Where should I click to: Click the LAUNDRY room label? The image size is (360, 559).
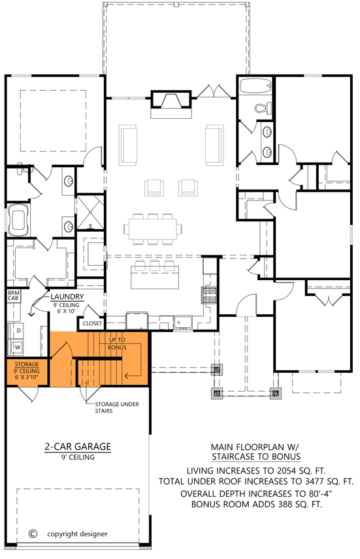coord(66,295)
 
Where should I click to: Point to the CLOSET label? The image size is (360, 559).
coord(91,323)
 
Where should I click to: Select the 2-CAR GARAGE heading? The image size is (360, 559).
coord(77,447)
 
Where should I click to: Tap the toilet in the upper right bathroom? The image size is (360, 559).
coord(263,108)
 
